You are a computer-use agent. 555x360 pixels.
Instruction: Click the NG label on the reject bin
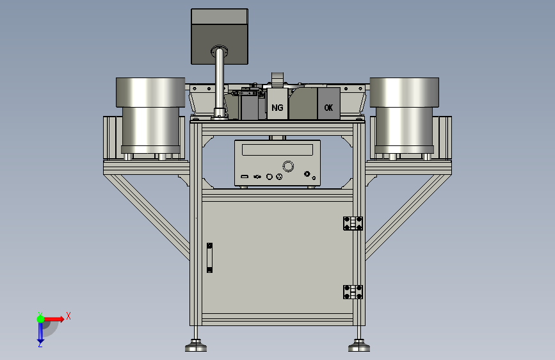(278, 108)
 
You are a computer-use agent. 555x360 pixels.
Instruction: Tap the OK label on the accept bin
(328, 108)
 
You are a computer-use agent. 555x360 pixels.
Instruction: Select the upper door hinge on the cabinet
(353, 223)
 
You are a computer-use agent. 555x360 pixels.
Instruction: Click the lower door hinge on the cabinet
(353, 292)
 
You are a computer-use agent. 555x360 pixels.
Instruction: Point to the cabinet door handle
(209, 258)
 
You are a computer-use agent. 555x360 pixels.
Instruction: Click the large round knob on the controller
(288, 166)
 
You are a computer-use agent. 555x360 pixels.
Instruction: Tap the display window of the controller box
(278, 149)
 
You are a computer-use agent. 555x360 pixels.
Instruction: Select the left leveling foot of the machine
(196, 345)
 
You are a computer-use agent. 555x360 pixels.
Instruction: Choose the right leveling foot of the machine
(359, 345)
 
